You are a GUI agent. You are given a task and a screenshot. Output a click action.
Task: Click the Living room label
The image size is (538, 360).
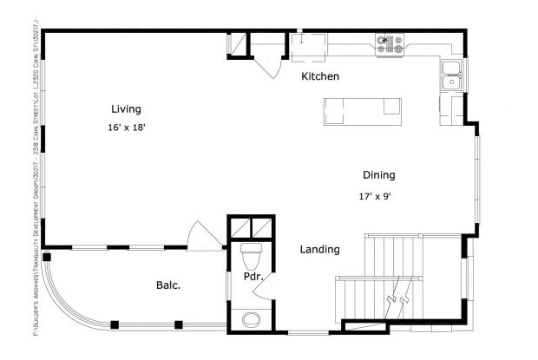126,109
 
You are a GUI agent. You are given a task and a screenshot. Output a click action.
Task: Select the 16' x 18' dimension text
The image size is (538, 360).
126,127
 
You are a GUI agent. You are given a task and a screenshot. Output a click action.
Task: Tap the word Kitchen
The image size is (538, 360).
319,77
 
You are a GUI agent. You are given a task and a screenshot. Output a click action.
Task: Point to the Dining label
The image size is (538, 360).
378,175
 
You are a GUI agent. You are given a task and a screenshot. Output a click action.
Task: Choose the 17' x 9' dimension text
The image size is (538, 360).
376,196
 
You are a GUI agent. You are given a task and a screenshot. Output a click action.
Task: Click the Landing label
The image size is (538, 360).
319,250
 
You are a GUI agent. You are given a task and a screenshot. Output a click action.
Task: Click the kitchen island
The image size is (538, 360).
363,108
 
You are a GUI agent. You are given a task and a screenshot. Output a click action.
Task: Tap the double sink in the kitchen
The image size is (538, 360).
451,75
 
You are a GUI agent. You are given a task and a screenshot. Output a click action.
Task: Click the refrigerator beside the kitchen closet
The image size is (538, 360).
307,47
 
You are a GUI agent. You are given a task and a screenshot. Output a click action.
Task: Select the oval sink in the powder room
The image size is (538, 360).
252,319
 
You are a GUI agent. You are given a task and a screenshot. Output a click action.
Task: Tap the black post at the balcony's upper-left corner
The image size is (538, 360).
47,257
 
